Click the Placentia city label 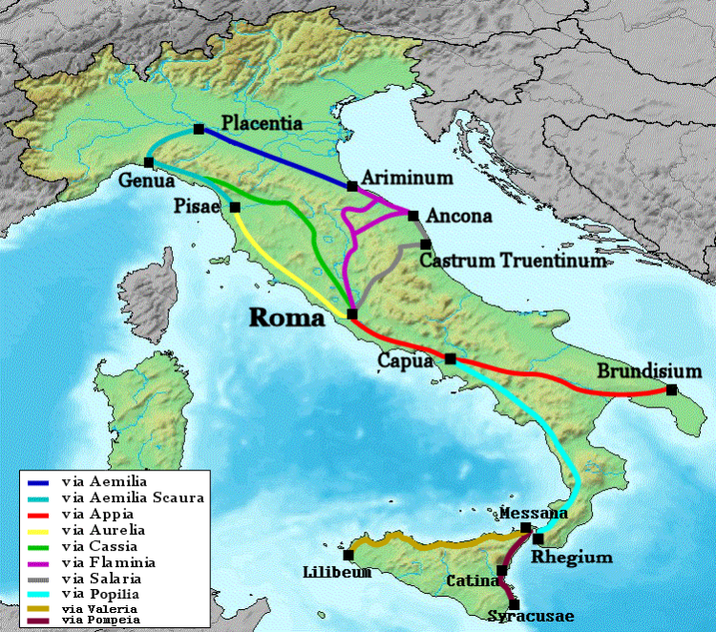[x=262, y=123]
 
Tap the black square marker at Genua [x=149, y=162]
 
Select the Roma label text [x=286, y=318]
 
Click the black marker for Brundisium [x=672, y=390]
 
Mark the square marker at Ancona [x=412, y=216]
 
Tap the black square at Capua [x=450, y=359]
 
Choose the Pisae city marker [x=235, y=206]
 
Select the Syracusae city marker [x=515, y=603]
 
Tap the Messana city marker [x=526, y=528]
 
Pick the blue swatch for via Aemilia [x=41, y=482]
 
